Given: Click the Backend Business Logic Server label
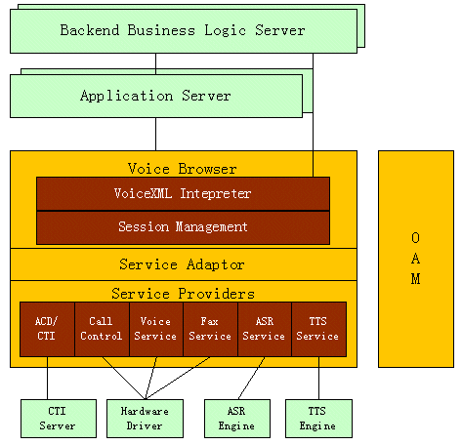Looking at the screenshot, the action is [x=183, y=30].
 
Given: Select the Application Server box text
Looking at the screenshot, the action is [x=155, y=96].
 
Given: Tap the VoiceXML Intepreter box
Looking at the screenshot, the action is [x=183, y=194].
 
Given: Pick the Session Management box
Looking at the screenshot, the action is [x=183, y=227].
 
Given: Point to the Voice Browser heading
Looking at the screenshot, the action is [x=183, y=169].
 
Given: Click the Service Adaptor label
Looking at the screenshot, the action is [x=182, y=264].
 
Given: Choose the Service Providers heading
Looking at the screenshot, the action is [x=183, y=294].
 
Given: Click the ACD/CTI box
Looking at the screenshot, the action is [x=47, y=329].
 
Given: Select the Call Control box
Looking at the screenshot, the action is [x=102, y=329].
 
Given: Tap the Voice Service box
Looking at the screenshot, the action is [x=156, y=329].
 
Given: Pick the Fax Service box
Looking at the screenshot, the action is [x=211, y=329].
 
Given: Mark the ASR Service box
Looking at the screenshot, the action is [x=265, y=329].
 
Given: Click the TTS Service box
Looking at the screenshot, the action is [x=319, y=329].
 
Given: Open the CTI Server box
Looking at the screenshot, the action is [x=59, y=419].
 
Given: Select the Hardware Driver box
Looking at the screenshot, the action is [x=145, y=419].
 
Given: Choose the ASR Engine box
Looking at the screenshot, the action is [x=237, y=419].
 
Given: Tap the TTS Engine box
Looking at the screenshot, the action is [x=318, y=419].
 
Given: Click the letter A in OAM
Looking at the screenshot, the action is [x=415, y=259].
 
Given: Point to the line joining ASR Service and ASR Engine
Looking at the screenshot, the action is [x=251, y=378].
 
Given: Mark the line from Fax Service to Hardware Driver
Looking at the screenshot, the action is [x=178, y=378].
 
